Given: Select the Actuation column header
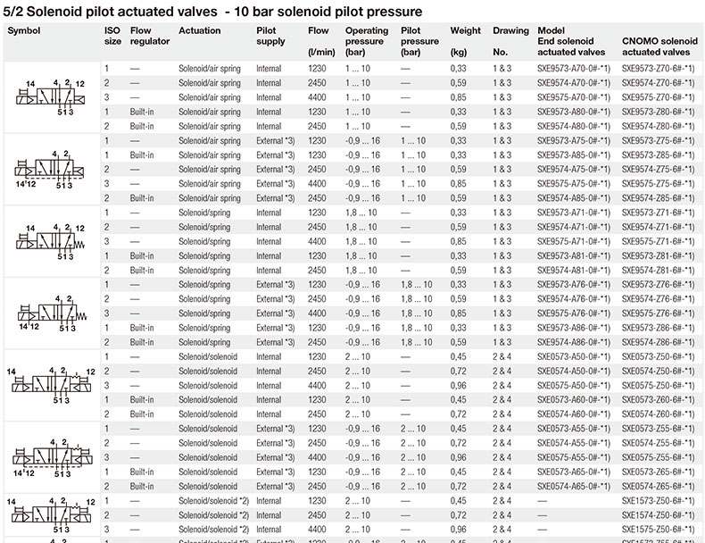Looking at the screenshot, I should [x=200, y=30].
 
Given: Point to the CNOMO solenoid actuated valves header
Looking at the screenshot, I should [x=659, y=36].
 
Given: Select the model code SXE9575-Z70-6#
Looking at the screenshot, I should [x=658, y=97].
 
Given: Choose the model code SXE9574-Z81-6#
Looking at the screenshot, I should [x=658, y=270].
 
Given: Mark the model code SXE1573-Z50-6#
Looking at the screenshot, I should [x=658, y=500].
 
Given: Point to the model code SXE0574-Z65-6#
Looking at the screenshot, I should [x=658, y=486].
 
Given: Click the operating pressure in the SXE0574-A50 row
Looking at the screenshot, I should [x=362, y=371].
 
